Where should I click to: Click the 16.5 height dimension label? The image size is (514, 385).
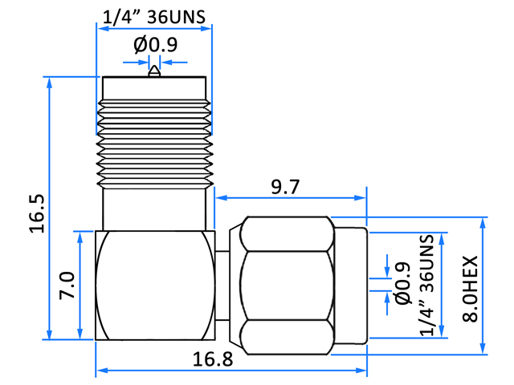pos(37,214)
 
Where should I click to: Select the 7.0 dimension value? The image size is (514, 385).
pos(67,286)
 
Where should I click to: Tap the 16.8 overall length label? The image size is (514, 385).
pos(213,359)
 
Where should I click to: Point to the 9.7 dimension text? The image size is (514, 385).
pos(285,187)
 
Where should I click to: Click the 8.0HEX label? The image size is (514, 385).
pos(470,289)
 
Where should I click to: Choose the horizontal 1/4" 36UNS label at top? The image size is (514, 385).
pos(154,17)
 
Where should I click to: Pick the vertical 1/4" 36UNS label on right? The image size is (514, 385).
pos(427,286)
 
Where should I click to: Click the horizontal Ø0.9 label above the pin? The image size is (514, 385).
pos(155,45)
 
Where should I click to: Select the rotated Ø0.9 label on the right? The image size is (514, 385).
pos(403,283)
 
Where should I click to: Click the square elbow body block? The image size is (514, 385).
pos(155,286)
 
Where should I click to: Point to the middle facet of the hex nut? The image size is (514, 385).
pos(284,286)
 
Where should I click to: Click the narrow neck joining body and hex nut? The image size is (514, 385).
pos(222,286)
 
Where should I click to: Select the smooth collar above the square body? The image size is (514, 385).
pos(154,210)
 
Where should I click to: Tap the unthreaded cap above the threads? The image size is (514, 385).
pos(154,88)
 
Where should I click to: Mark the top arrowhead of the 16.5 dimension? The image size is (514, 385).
pos(50,83)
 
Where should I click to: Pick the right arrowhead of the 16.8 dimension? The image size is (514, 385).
pos(361,371)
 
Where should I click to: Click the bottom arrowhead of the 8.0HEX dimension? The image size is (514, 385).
pos(483,348)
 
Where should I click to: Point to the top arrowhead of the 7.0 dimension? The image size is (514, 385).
pos(80,237)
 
